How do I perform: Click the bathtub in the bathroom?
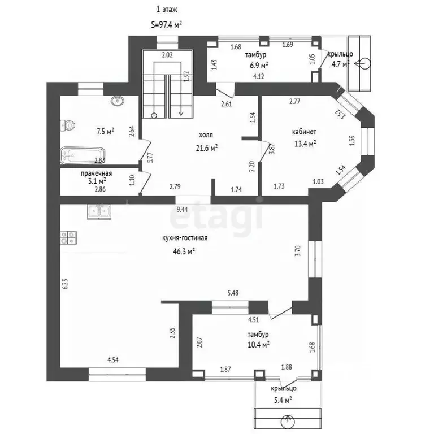[83, 156]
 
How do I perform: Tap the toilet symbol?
[68, 125]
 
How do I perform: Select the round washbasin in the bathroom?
[118, 101]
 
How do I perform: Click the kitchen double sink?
[99, 212]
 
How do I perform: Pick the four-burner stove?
[68, 238]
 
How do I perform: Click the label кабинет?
[304, 132]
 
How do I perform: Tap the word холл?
[206, 135]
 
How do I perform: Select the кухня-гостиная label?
[185, 238]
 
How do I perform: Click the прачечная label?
[96, 173]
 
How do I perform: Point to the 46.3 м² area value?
[184, 251]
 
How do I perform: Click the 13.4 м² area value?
[305, 144]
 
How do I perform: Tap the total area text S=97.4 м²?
[166, 25]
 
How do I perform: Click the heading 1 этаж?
[167, 10]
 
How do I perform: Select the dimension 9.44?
[182, 210]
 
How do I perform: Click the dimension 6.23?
[65, 284]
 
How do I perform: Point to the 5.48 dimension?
[233, 293]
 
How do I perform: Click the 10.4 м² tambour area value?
[258, 345]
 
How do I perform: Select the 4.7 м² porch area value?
[341, 64]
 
